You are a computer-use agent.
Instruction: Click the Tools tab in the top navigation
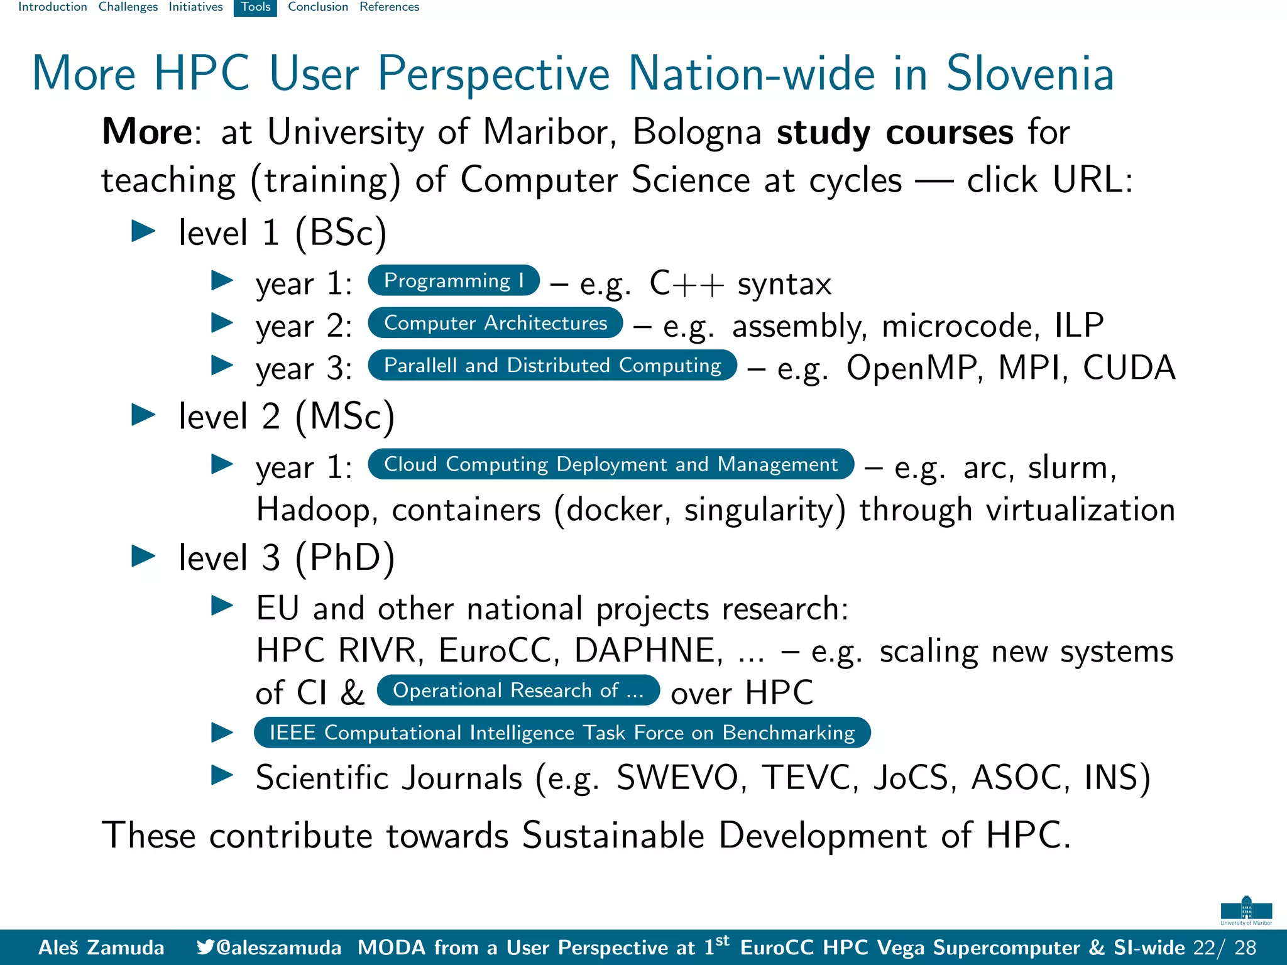coord(255,7)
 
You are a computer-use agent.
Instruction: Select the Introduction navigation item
coord(53,7)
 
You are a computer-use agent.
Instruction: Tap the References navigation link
coord(389,7)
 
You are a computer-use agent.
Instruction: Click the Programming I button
coord(453,281)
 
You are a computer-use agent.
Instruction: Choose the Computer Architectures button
coord(495,323)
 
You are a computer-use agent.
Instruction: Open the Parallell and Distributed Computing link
coord(552,365)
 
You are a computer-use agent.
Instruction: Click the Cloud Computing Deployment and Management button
coord(610,464)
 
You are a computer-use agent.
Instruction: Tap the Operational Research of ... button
coord(518,690)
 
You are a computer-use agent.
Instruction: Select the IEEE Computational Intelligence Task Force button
coord(562,733)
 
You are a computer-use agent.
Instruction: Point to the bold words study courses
coord(895,133)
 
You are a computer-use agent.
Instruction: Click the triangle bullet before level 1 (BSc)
coord(143,231)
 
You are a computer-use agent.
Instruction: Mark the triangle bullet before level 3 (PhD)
coord(143,556)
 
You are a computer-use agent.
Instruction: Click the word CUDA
coord(1129,368)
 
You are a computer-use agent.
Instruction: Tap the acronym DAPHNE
coord(648,650)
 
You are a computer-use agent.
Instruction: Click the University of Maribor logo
coord(1246,910)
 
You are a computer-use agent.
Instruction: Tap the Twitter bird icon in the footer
coord(205,947)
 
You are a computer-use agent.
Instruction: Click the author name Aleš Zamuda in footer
coord(101,947)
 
